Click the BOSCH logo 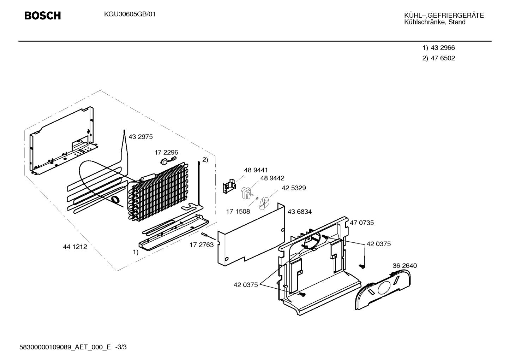coord(43,16)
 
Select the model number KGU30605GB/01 coord(130,14)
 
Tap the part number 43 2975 coord(140,137)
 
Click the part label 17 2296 coord(166,152)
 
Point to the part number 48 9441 coord(256,170)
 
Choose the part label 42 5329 coord(294,188)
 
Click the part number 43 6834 coord(300,212)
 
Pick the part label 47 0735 coord(362,223)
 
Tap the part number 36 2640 coord(405,266)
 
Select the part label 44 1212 coord(75,247)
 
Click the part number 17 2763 coord(202,245)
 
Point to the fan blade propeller coord(264,203)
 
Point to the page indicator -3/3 coord(121,347)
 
